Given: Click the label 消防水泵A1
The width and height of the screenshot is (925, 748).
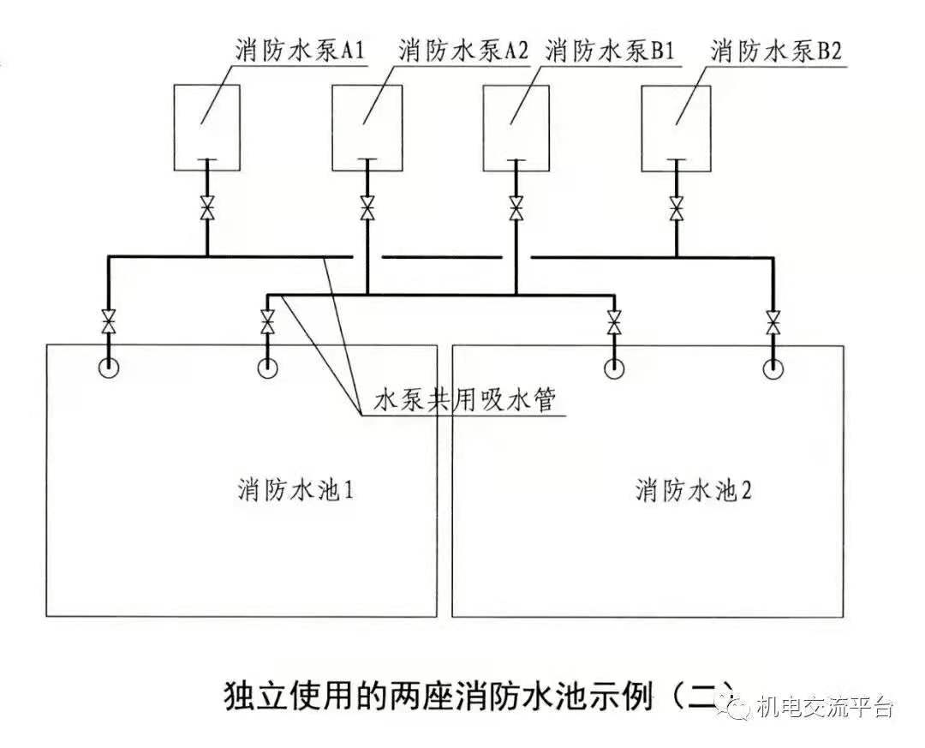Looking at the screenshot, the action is (300, 51).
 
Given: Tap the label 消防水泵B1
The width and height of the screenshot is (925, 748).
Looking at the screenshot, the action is (610, 51).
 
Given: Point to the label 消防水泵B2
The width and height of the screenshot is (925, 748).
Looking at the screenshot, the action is (776, 51).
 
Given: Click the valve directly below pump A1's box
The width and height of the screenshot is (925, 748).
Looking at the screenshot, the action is (207, 208).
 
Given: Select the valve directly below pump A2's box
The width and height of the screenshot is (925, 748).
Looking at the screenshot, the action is (367, 208).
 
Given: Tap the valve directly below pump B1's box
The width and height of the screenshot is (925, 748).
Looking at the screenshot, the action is (516, 208).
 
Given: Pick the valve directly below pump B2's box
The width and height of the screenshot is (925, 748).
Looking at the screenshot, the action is (677, 208).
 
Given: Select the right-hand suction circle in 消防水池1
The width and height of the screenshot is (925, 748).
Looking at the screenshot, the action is (266, 368).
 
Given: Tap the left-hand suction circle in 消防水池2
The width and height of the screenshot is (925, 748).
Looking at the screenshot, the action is (614, 368).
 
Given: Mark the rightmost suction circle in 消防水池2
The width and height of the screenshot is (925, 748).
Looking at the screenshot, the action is (773, 369).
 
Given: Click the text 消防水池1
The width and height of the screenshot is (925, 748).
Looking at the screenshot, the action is (296, 490).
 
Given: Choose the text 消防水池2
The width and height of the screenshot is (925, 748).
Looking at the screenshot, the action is (693, 490).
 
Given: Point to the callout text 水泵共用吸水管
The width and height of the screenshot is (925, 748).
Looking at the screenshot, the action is (465, 401).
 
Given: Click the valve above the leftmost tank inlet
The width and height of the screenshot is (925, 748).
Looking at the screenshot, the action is (109, 321).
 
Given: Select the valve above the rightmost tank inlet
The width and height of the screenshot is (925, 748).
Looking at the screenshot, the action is (772, 321).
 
